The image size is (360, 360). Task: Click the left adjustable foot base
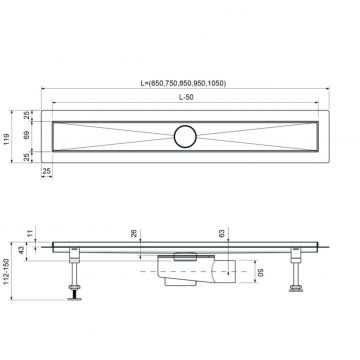coord(74,294)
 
